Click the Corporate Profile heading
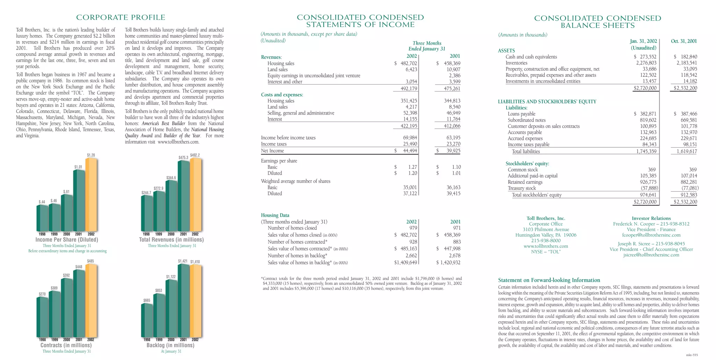pos(121,17)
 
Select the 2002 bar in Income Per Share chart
pos(91,196)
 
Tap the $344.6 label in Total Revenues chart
pos(171,178)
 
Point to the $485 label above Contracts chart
pos(90,261)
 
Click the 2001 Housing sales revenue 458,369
pos(450,64)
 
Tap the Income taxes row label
pos(274,144)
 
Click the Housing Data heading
pos(275,215)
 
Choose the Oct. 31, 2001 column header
pos(684,41)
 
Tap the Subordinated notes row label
pos(527,120)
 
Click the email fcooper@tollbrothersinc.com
pos(651,235)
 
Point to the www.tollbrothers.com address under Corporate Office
pos(546,246)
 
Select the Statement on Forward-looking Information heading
pos(549,280)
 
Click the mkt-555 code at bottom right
pos(692,355)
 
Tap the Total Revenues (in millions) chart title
pos(171,240)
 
